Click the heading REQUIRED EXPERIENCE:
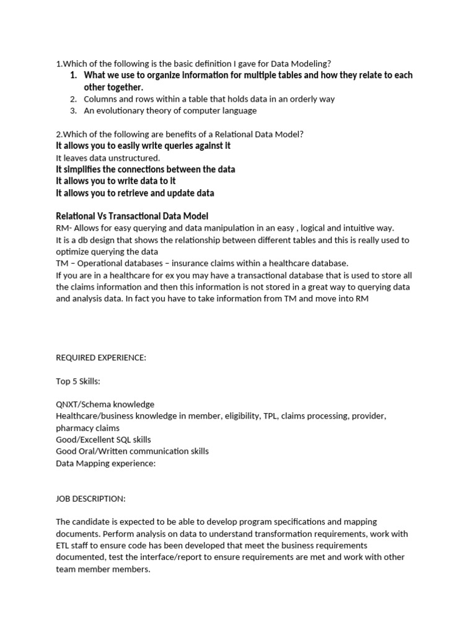(101, 358)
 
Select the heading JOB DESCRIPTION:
(90, 498)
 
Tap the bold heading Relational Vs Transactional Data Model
(132, 216)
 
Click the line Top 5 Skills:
(78, 381)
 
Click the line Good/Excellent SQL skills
(104, 440)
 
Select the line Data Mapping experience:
(105, 463)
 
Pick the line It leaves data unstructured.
(108, 158)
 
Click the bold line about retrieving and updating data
(135, 193)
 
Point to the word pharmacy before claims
(76, 428)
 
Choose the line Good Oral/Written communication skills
(132, 451)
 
